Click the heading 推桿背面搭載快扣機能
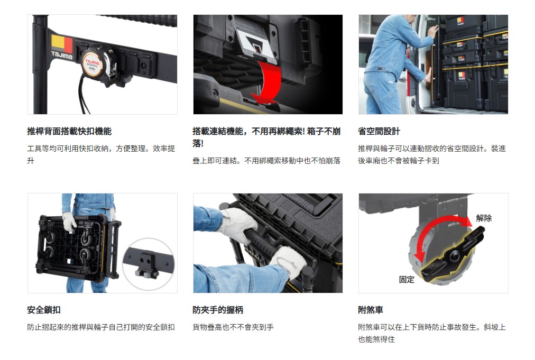coord(69,131)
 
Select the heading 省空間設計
coord(379,131)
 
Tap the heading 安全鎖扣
coord(44,310)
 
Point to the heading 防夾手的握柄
coord(218,310)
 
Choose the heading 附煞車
coord(371,310)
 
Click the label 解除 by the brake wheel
coord(484,218)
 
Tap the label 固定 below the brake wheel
coord(407,280)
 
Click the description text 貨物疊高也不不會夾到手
coord(233,327)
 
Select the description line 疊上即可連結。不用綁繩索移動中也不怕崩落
coord(266,160)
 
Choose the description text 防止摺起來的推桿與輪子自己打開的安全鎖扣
coord(101,327)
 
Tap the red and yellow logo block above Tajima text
coord(62,43)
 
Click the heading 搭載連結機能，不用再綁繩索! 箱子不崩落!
coord(266,137)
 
